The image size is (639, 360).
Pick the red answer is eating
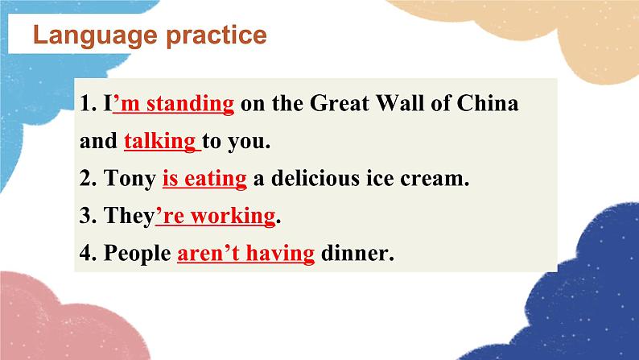click(204, 179)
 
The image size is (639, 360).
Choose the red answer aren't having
click(245, 254)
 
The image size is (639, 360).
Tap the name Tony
click(130, 179)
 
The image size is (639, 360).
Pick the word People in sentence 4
click(138, 254)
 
